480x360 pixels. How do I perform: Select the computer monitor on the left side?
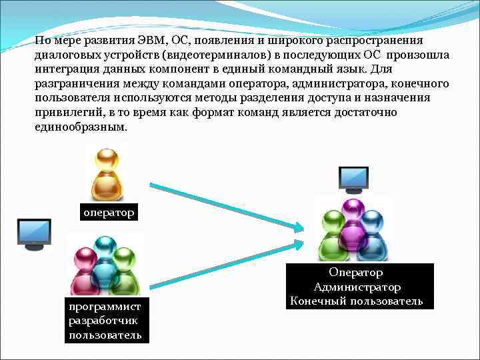(x=35, y=233)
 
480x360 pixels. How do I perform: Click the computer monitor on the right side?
(x=353, y=178)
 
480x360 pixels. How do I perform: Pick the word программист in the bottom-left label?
(x=104, y=307)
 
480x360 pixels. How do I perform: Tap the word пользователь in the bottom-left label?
(x=105, y=334)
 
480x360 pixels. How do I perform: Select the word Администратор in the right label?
(x=357, y=287)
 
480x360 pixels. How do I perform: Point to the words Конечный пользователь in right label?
(x=357, y=301)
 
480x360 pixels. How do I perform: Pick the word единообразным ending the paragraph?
(x=79, y=127)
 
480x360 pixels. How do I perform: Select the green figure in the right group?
(x=331, y=230)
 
